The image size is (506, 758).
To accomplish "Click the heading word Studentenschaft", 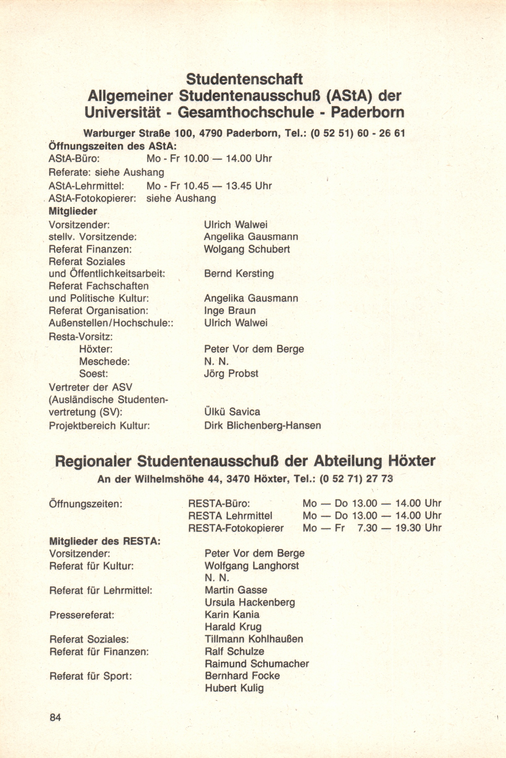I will (x=244, y=79).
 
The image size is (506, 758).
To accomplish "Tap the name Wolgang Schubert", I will (x=247, y=249).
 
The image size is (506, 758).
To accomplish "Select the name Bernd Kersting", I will (x=239, y=273).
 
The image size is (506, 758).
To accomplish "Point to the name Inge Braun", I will (x=230, y=311).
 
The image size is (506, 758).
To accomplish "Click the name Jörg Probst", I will (x=231, y=374).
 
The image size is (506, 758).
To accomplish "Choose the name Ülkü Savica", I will (x=232, y=412).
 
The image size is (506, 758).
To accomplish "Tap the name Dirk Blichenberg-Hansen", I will (x=262, y=425).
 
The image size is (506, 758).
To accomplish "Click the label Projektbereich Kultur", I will (x=99, y=426).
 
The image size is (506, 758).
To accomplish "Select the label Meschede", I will (x=105, y=362).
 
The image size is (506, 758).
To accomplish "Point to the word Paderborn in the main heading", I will (x=368, y=113).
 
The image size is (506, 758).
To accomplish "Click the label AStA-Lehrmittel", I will (x=86, y=186).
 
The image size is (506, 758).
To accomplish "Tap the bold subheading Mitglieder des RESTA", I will (x=105, y=541).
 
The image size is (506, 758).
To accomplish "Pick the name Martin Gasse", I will (x=236, y=590).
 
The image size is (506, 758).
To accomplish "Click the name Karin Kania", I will (x=232, y=614).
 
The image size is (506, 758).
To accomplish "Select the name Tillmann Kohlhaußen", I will (x=254, y=639).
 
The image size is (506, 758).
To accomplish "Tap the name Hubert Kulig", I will (x=234, y=688).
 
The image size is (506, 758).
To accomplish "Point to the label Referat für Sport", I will (x=91, y=676).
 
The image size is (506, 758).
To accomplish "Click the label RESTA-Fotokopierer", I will (x=236, y=528).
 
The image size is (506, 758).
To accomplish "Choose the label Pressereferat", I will (x=82, y=615).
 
